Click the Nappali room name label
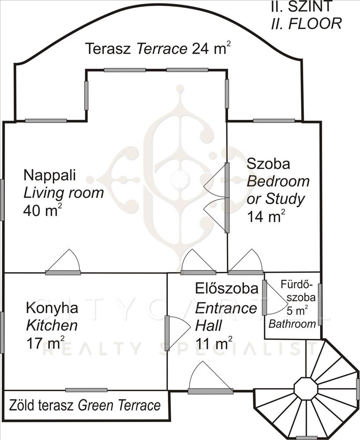coord(50,176)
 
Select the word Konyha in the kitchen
coord(52,308)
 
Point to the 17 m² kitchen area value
coord(45,342)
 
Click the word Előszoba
coord(226,289)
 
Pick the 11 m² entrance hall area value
coord(214,343)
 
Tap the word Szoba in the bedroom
coord(268,164)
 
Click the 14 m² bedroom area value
coord(266,216)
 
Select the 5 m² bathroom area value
coord(298,311)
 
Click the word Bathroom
coord(292,324)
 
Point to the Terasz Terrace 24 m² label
coord(158,48)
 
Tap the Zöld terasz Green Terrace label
coord(85,406)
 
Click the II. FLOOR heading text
coord(306,24)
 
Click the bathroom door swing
coord(276,297)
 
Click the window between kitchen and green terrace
coord(86,390)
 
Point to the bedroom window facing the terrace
coord(274,121)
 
